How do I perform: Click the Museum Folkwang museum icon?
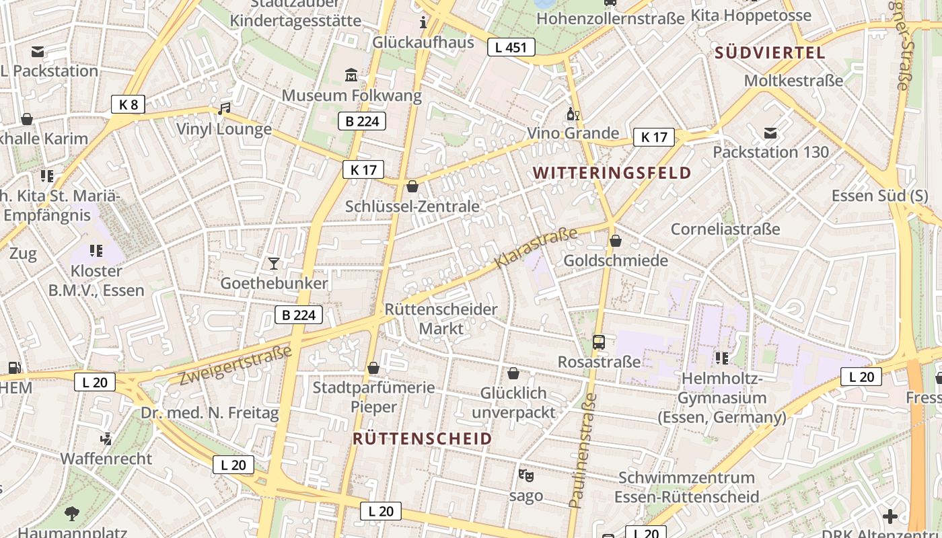351,75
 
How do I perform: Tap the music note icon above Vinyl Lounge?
224,108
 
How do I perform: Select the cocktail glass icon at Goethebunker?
273,263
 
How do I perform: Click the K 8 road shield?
128,104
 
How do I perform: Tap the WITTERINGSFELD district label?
612,173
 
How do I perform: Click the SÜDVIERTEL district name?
770,53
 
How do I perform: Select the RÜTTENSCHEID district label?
423,439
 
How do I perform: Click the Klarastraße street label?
536,248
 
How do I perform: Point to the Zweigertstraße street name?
235,365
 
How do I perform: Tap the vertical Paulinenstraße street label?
583,451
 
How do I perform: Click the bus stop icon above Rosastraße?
599,342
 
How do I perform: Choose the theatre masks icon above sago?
526,475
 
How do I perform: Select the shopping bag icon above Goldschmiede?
615,240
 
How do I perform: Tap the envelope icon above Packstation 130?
770,132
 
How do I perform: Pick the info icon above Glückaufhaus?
423,22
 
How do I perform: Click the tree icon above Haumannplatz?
72,514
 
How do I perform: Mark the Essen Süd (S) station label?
879,196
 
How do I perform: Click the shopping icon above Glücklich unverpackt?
513,373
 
